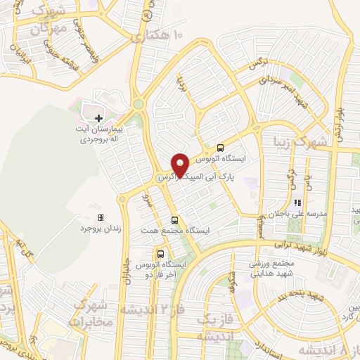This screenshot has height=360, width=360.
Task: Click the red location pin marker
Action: tap(180, 165)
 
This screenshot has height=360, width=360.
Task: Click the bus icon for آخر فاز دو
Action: tap(162, 253)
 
